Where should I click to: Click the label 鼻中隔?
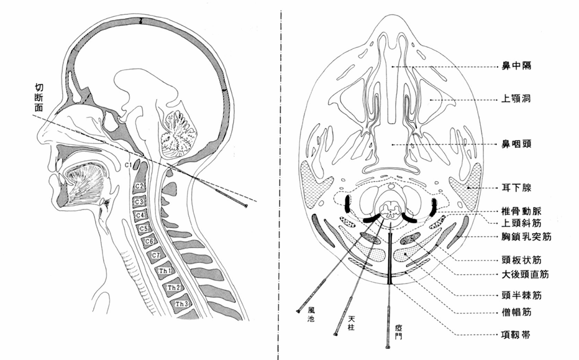(517, 65)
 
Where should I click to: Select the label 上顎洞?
(517, 98)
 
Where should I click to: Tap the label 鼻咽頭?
(517, 144)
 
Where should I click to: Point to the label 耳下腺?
(517, 186)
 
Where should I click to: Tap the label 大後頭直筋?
(527, 274)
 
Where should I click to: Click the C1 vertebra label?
(130, 165)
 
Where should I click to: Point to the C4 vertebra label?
(141, 215)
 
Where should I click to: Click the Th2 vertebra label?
(173, 287)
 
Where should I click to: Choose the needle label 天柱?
(350, 322)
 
